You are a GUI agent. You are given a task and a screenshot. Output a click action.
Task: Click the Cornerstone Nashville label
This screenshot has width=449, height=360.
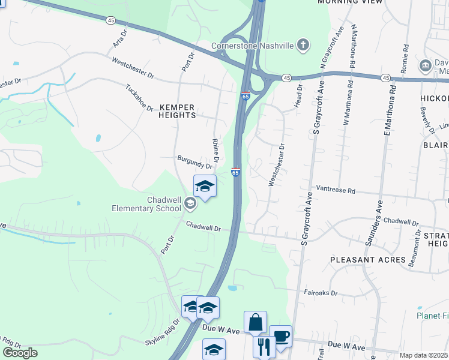pos(252,46)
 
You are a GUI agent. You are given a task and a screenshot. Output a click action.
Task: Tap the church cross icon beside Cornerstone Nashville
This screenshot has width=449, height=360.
pos(304,44)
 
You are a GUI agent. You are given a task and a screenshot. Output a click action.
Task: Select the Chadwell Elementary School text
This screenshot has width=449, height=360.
pos(146,204)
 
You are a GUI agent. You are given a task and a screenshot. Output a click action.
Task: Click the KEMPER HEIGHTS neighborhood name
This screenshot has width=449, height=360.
pos(177,111)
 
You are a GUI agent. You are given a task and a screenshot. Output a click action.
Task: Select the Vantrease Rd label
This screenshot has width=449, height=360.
pos(336,190)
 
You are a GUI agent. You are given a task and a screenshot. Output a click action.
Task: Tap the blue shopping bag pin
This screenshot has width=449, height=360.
pos(255,322)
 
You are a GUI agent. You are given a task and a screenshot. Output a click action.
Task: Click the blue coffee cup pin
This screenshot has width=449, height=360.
pos(280,336)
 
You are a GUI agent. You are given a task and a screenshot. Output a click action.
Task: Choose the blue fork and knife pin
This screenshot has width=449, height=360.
pos(264,346)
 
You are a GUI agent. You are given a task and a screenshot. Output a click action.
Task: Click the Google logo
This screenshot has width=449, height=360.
pos(20,353)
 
